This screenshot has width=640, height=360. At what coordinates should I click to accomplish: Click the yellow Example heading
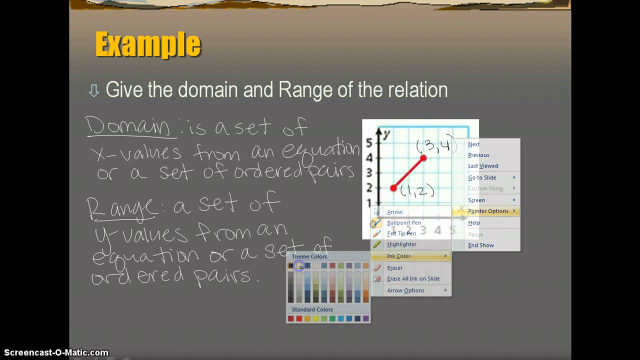coord(148,44)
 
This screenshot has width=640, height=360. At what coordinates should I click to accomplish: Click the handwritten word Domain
coord(129,127)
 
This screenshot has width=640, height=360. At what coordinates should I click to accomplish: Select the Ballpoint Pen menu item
coord(403,222)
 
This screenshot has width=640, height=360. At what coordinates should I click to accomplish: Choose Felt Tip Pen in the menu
coord(401,233)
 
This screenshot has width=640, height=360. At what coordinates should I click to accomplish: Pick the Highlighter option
coord(401,244)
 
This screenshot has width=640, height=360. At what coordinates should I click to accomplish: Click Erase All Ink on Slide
coord(413,278)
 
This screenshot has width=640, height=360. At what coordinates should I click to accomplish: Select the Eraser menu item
coord(394,267)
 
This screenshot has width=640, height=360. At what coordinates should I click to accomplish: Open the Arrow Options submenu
coord(405,290)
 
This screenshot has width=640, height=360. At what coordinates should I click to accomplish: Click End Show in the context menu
coord(480,245)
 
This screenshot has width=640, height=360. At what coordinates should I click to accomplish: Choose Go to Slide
coord(482,177)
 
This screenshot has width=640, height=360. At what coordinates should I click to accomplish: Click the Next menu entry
coord(473,144)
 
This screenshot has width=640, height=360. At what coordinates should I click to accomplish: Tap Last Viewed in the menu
coord(483,166)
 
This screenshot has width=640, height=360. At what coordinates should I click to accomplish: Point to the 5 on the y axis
coord(369,143)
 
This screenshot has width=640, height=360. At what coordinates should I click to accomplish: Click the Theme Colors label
coord(309,256)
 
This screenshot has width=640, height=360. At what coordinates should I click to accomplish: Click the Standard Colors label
coord(312,309)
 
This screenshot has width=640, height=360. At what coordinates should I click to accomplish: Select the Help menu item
coord(473,223)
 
